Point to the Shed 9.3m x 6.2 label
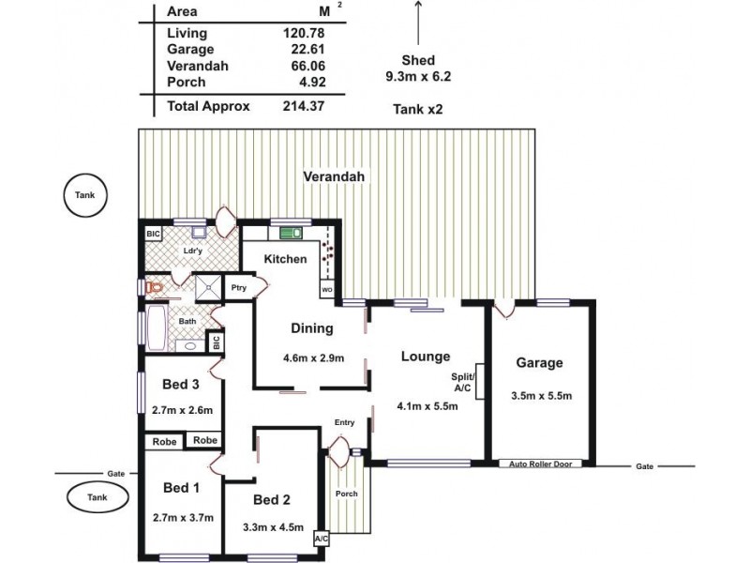click(417, 68)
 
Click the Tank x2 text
click(417, 110)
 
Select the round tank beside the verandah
click(85, 195)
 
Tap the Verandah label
click(333, 176)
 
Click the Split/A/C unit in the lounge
click(479, 383)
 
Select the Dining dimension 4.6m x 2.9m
click(313, 358)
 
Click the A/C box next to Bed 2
click(322, 540)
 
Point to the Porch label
click(347, 494)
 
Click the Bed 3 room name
click(182, 385)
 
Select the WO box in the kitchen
click(326, 290)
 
